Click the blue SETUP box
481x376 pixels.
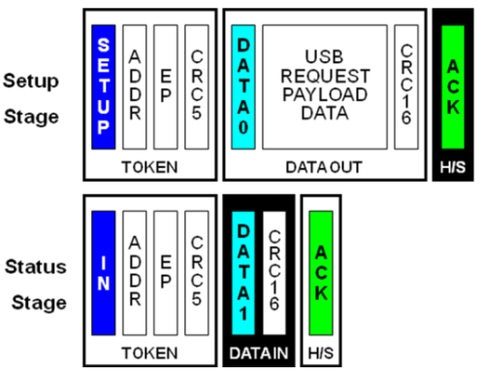point(104,87)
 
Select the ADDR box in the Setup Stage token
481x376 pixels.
point(134,87)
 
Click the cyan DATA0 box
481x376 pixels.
point(244,87)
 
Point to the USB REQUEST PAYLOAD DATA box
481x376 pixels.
point(325,87)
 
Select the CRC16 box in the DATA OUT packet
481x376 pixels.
point(406,87)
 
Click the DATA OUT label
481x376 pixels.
point(325,168)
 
